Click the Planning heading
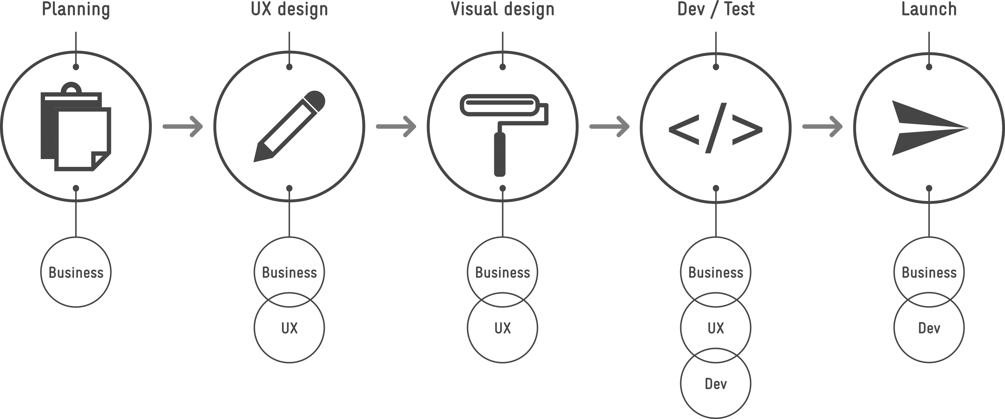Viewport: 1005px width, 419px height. click(76, 9)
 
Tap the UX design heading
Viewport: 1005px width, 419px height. click(289, 9)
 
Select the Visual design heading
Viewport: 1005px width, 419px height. click(503, 9)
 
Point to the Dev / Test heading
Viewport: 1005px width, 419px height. click(716, 9)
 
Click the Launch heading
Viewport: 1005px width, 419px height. click(929, 9)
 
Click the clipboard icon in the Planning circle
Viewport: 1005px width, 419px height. click(76, 127)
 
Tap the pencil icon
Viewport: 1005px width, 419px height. click(289, 127)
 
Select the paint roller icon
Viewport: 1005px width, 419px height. click(503, 133)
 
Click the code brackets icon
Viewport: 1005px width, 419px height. click(716, 128)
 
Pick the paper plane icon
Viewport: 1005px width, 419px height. click(927, 128)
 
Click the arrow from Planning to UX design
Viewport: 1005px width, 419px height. click(183, 127)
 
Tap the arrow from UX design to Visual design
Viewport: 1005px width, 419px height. click(396, 127)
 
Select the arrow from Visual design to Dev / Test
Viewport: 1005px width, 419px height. click(609, 127)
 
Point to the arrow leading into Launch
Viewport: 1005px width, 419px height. click(822, 127)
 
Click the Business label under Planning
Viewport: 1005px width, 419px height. click(76, 272)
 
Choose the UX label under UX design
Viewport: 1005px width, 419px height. click(289, 328)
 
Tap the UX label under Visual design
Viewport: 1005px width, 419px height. click(503, 328)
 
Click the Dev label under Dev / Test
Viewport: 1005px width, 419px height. click(716, 384)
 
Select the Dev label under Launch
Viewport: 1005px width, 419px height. click(929, 328)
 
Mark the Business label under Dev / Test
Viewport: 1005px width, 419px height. click(716, 272)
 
